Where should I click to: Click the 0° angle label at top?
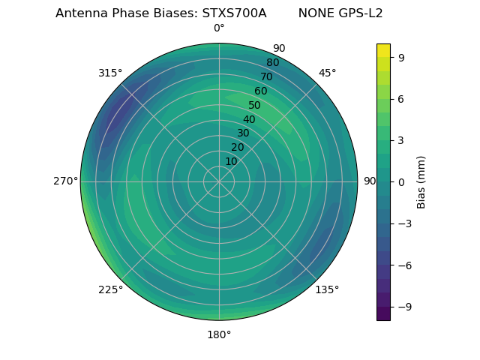[x=219, y=28]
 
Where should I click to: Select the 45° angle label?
[x=327, y=73]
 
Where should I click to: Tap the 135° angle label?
[x=327, y=289]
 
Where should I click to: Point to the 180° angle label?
[x=219, y=334]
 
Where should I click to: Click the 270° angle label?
[x=65, y=181]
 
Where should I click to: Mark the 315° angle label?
[x=110, y=73]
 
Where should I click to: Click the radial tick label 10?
[x=231, y=161]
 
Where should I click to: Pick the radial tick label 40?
[x=249, y=120]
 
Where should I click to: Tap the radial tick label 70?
[x=266, y=77]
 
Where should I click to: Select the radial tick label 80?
[x=272, y=63]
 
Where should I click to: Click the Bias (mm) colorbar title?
[x=421, y=181]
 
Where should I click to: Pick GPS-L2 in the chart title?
[x=357, y=13]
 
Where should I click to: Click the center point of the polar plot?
[x=219, y=181]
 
